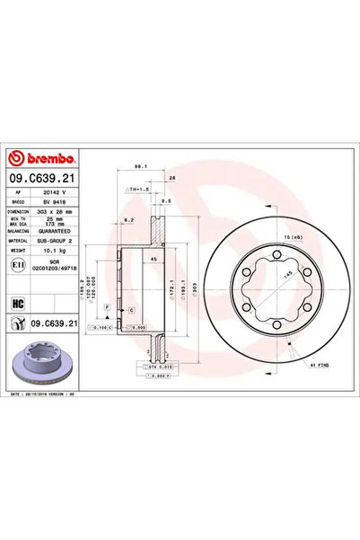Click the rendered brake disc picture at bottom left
tap(46, 364)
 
